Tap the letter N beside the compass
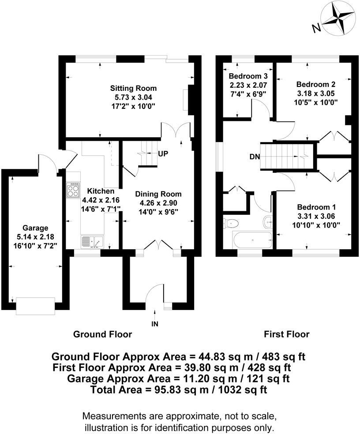coord(316,28)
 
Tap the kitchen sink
coord(91,242)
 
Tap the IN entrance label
coord(155,324)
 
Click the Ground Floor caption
coord(102,334)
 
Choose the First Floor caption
coord(286,334)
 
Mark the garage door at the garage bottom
coord(35,306)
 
